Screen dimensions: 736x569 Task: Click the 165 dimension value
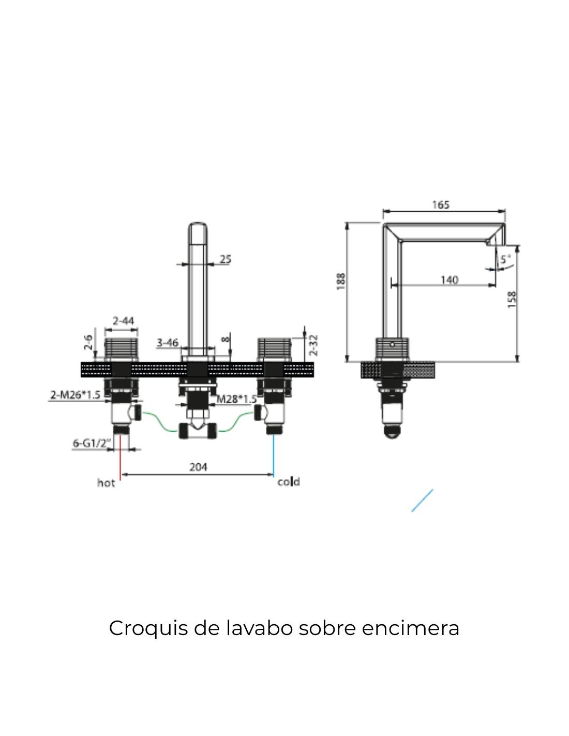pos(441,205)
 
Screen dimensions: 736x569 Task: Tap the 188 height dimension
pos(341,281)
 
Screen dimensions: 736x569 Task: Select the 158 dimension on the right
pos(512,299)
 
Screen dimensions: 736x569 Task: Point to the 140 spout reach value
pos(449,280)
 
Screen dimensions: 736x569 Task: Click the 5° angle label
pos(505,259)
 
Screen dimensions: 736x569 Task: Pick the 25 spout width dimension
pos(226,259)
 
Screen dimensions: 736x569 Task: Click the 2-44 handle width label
pos(124,321)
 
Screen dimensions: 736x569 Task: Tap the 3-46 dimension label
pos(168,343)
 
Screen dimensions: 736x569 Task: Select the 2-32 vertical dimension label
pos(313,345)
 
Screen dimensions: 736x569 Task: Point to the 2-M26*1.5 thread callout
pos(75,395)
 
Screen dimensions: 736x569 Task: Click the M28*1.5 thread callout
pos(236,399)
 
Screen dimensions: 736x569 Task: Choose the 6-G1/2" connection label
pos(92,443)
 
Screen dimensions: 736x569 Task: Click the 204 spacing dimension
pos(198,467)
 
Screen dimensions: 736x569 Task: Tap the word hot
pos(106,483)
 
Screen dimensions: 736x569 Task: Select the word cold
pos(289,482)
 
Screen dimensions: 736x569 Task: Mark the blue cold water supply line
pos(274,455)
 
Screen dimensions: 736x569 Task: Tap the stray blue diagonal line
pos(422,501)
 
